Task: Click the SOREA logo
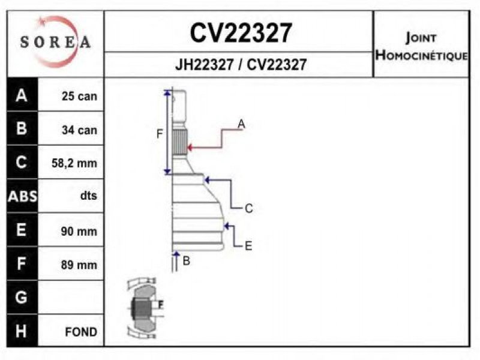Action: (55, 42)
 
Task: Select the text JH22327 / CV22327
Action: (241, 64)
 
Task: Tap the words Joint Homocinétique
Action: (421, 47)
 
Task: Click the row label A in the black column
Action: (22, 95)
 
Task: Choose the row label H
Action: (22, 331)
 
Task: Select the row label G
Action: (22, 297)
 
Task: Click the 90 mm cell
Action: (79, 231)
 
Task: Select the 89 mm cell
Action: (79, 265)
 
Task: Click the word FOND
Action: (81, 332)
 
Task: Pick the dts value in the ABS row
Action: (88, 196)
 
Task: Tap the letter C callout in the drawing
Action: (248, 209)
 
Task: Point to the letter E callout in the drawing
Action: (248, 245)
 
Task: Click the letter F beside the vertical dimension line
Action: (159, 134)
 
